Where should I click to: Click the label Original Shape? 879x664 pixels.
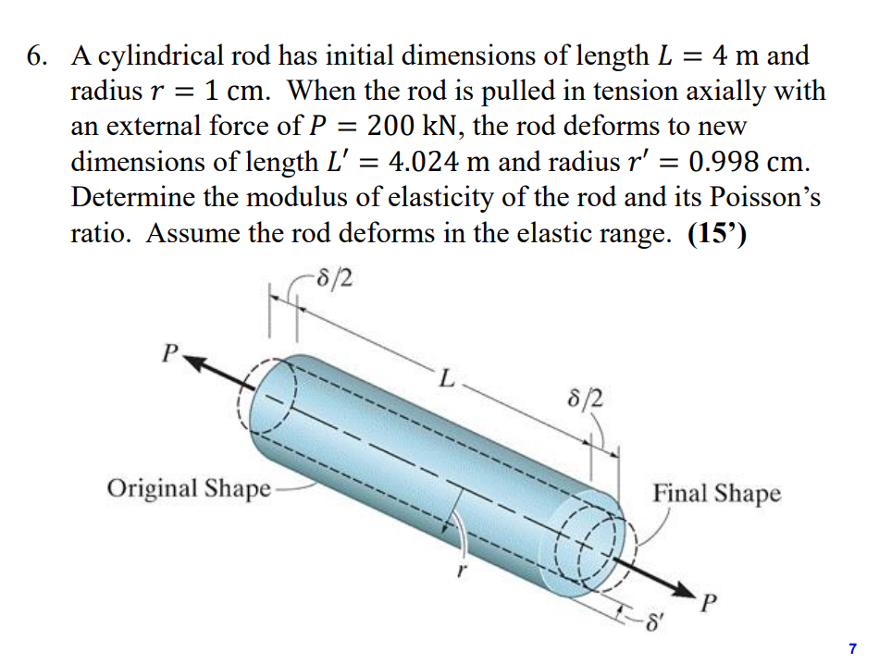coord(189,487)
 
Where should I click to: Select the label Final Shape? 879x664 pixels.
coord(716,493)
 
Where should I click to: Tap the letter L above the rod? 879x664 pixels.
coord(447,379)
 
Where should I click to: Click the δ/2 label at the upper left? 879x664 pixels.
coord(333,276)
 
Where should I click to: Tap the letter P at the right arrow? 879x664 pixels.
coord(709,608)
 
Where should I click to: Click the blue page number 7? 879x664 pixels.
coord(852,649)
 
